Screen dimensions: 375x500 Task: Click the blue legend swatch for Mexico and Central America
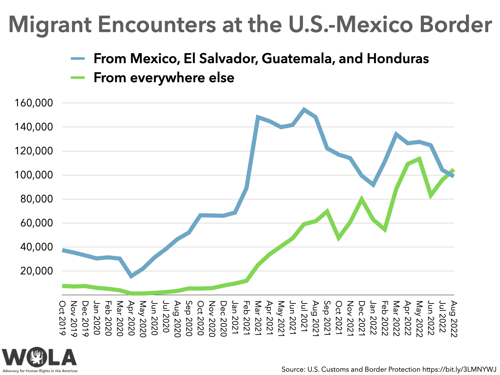(x=78, y=58)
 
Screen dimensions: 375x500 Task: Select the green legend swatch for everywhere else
(x=78, y=77)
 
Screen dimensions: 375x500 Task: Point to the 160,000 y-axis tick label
(x=34, y=103)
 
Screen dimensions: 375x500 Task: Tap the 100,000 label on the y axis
(x=34, y=175)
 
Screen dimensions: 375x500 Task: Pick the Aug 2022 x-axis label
(x=453, y=317)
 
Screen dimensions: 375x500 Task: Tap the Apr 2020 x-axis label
(x=131, y=317)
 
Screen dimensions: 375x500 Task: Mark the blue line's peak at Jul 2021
(x=304, y=110)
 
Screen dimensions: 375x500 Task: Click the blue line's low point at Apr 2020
(x=131, y=276)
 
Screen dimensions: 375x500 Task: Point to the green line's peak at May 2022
(x=419, y=159)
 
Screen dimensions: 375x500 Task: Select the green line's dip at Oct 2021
(x=339, y=238)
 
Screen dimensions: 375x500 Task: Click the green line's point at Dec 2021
(x=362, y=199)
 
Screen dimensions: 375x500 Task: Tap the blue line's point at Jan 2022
(x=373, y=185)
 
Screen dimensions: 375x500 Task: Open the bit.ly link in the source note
(x=459, y=369)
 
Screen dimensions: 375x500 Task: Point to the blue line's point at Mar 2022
(x=396, y=134)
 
